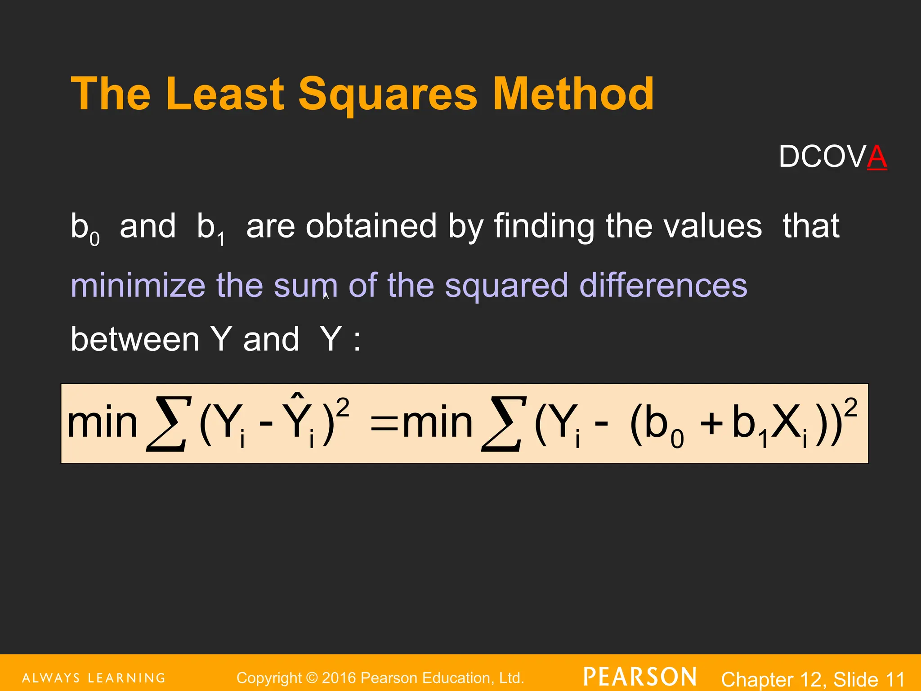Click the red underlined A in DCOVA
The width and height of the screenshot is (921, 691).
click(877, 157)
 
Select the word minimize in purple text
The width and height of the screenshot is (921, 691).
click(138, 285)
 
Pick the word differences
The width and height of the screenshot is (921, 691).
click(663, 285)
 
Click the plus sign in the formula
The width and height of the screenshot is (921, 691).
click(711, 424)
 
